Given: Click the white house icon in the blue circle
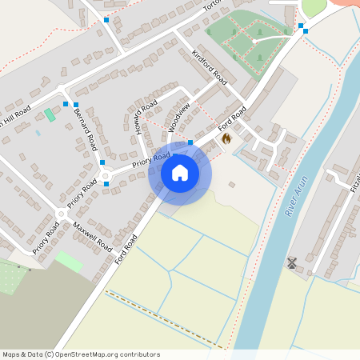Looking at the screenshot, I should click(180, 172).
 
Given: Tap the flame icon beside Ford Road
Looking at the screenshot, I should click(226, 139).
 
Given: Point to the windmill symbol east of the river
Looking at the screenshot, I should click(292, 262).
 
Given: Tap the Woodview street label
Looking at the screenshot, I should click(178, 117).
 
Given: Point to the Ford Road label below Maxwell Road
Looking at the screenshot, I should click(126, 249).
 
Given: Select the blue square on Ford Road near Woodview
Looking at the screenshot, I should click(190, 141).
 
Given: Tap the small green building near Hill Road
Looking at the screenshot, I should click(50, 114).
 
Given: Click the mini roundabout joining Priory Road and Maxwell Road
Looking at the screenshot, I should click(62, 214).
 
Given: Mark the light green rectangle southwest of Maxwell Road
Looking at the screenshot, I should click(69, 261).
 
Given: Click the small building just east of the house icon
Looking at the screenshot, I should click(231, 185).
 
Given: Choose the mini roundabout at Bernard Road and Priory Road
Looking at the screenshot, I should click(104, 175).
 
